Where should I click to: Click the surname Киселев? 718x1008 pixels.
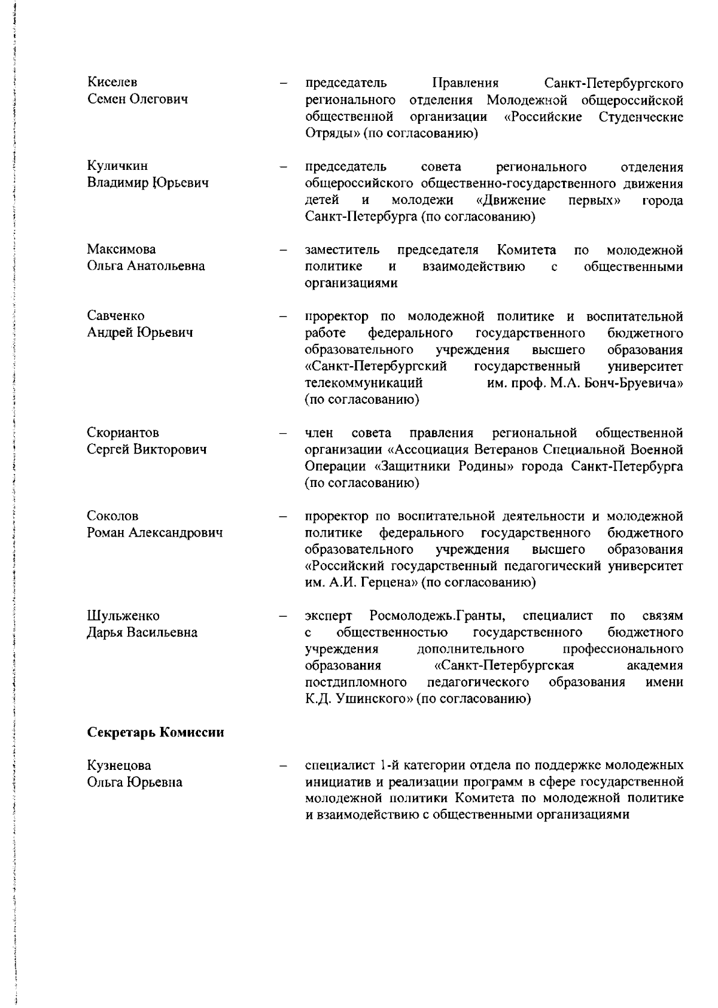pos(112,82)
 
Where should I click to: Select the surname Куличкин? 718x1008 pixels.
pos(117,166)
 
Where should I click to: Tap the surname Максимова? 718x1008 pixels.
pos(121,249)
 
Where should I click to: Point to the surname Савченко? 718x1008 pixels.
pos(115,315)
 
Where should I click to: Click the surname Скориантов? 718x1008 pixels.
pos(123,433)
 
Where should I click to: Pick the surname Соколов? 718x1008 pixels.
pos(112,516)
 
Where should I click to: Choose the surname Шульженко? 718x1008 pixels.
pos(123,616)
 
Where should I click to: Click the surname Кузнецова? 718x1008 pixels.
pos(119,765)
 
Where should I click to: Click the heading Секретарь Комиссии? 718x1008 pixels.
pos(156,732)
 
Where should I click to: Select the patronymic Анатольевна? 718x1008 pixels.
pos(165,266)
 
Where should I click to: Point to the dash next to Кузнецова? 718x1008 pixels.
pos(284,766)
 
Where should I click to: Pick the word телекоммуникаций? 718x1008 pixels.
pos(364,382)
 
